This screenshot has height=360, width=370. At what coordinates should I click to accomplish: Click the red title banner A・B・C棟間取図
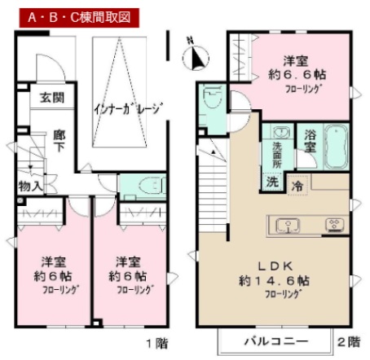pyautogui.click(x=71, y=15)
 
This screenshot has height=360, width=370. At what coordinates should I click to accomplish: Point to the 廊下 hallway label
pyautogui.click(x=60, y=142)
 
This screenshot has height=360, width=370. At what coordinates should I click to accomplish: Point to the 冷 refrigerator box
pyautogui.click(x=300, y=184)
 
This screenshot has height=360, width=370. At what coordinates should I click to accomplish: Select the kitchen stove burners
pyautogui.click(x=334, y=224)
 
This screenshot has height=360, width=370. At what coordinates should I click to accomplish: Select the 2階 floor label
pyautogui.click(x=348, y=341)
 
